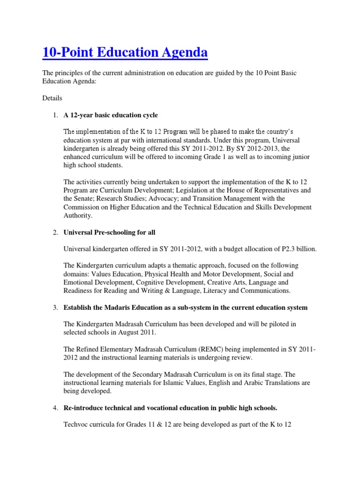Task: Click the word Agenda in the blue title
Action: (x=182, y=52)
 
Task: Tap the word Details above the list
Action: (x=52, y=98)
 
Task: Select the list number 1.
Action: (x=55, y=115)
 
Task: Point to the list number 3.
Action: (x=55, y=307)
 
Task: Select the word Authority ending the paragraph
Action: (x=78, y=216)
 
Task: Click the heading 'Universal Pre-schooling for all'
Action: (x=109, y=232)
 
